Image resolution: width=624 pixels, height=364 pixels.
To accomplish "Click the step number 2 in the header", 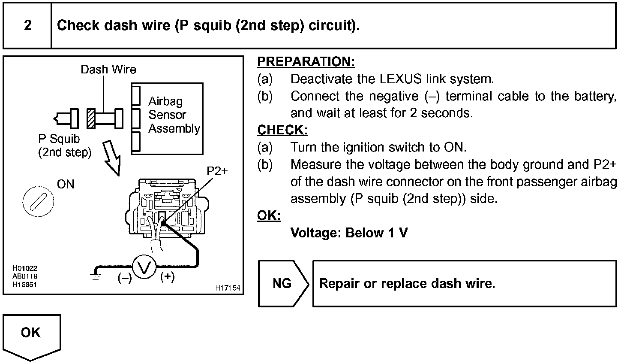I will (x=27, y=25).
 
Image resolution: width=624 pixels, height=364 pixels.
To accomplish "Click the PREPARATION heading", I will (x=306, y=62).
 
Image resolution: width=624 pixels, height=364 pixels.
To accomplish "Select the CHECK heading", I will (x=282, y=130).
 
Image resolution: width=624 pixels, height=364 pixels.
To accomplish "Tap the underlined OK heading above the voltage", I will (x=269, y=215).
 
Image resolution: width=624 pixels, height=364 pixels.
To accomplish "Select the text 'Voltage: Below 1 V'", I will (x=349, y=233).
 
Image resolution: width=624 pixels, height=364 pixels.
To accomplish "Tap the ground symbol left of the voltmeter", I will (x=95, y=275).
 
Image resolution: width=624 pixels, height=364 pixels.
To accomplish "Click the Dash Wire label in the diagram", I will (x=108, y=70).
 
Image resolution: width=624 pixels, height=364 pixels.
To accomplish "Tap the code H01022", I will (x=25, y=268).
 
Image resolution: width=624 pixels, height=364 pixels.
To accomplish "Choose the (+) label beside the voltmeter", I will (x=167, y=277).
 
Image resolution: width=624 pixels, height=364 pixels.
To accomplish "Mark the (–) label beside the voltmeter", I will (x=125, y=278).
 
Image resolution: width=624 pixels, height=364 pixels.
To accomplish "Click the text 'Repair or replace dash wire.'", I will (x=407, y=284).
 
